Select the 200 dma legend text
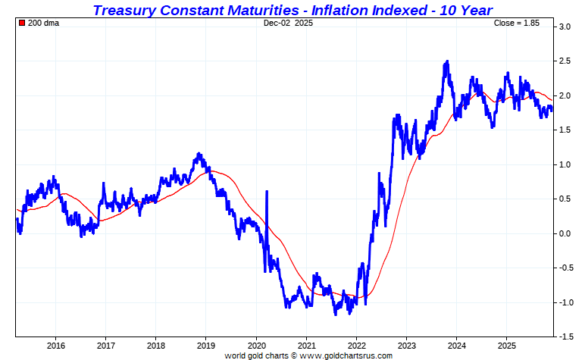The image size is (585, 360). pyautogui.click(x=43, y=23)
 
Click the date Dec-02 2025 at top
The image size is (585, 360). pyautogui.click(x=288, y=23)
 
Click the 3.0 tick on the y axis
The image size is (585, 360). pyautogui.click(x=565, y=27)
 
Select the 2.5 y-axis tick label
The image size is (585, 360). pyautogui.click(x=565, y=61)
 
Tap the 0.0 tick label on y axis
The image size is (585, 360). pyautogui.click(x=565, y=233)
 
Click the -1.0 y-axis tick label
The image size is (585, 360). pyautogui.click(x=565, y=302)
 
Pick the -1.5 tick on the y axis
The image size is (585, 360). pyautogui.click(x=565, y=337)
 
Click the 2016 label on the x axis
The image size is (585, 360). pyautogui.click(x=55, y=345)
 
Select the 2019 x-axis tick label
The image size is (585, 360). pyautogui.click(x=205, y=345)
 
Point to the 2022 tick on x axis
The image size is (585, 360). pyautogui.click(x=356, y=345)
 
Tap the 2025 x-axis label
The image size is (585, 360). pyautogui.click(x=506, y=345)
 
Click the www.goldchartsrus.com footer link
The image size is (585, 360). pyautogui.click(x=346, y=355)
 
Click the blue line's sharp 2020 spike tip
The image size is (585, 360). pyautogui.click(x=267, y=192)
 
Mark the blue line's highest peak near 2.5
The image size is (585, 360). pyautogui.click(x=447, y=61)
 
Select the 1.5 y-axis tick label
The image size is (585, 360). pyautogui.click(x=565, y=130)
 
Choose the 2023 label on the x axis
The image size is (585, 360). pyautogui.click(x=406, y=345)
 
